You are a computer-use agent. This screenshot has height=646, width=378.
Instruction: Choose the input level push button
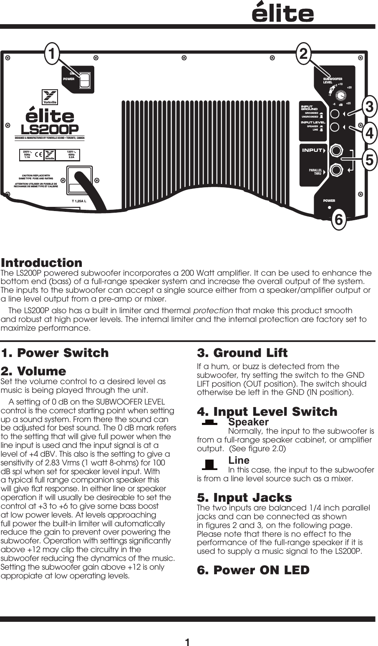pos(334,128)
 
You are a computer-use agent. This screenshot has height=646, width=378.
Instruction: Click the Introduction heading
pos(42,263)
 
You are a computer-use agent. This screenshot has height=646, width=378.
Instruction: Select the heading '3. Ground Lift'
pos(242,353)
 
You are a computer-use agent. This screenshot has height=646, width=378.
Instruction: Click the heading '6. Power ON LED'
pos(253,570)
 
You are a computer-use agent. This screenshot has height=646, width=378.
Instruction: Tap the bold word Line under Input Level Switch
pos(239,460)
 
